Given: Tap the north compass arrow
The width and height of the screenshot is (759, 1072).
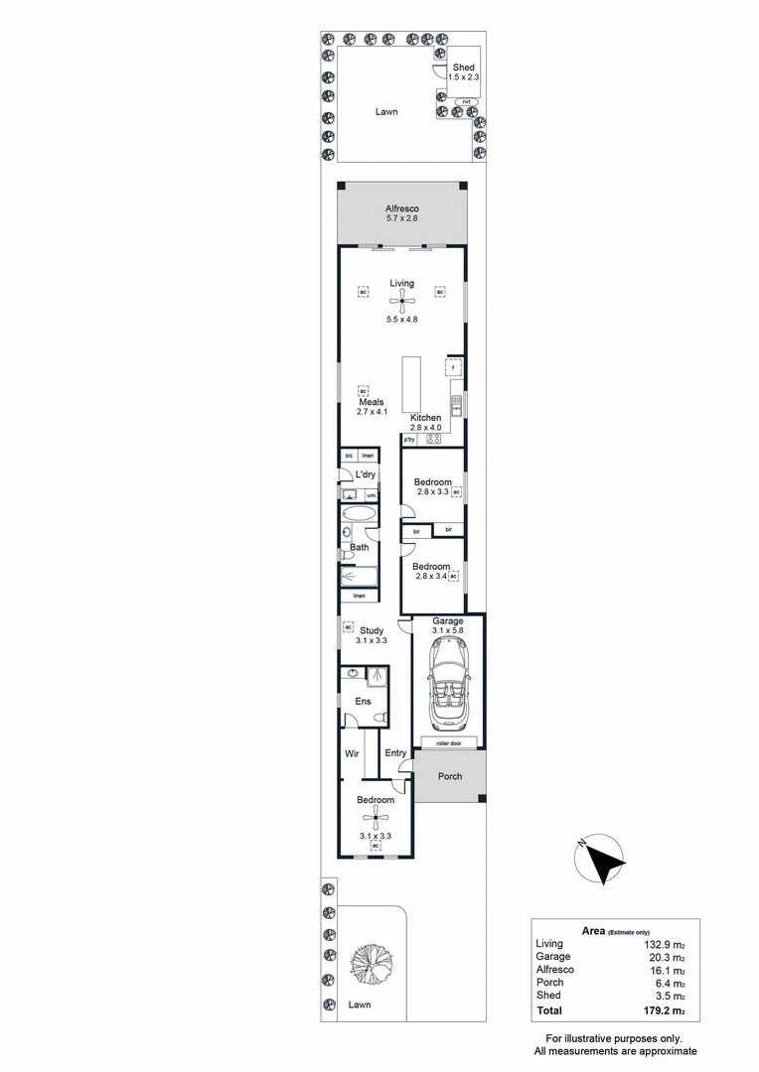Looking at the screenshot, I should click(603, 860).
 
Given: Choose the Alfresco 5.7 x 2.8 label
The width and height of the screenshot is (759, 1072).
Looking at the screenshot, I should click(401, 213).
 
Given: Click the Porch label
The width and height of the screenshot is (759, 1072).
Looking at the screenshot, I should click(450, 776).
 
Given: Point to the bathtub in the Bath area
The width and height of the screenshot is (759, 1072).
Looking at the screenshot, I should click(359, 516).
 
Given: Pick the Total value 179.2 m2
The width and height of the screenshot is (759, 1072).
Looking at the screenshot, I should click(665, 1010).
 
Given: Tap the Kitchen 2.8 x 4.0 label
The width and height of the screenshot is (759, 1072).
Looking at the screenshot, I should click(425, 423).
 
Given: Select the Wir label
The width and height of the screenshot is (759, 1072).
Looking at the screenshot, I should click(352, 753).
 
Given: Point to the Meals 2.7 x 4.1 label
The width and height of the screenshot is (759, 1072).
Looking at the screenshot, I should click(371, 407).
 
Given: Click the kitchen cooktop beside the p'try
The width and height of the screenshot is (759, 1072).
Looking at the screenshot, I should click(433, 439).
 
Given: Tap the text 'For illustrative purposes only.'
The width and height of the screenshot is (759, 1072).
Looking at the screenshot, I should click(615, 1037).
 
